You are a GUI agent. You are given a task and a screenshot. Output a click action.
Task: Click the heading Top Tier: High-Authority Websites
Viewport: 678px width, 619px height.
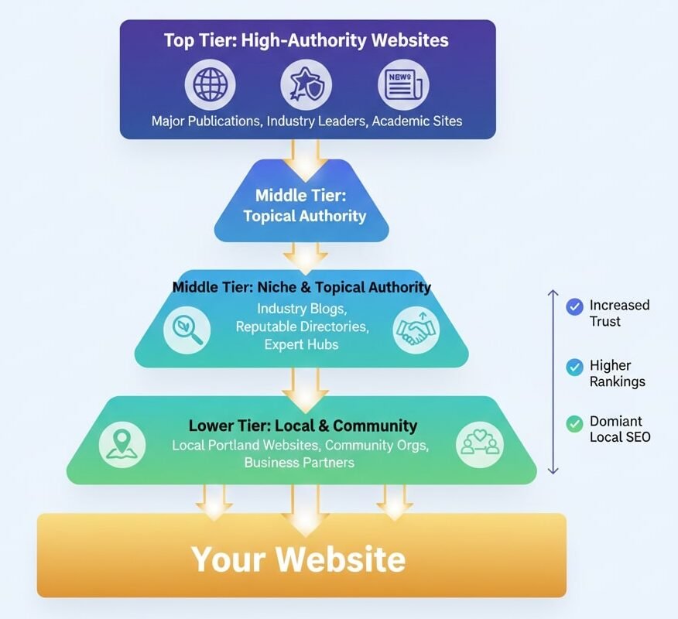(x=306, y=40)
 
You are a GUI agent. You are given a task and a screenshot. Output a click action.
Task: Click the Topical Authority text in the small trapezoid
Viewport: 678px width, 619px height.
(x=304, y=216)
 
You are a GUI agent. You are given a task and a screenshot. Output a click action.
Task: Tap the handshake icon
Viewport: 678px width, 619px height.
(x=416, y=329)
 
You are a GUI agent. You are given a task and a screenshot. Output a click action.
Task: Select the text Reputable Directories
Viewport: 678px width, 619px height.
(x=302, y=327)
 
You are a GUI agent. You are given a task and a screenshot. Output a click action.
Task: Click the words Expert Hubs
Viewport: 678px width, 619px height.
(x=301, y=344)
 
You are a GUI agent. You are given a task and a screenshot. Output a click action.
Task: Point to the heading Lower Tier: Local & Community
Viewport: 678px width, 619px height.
(x=303, y=426)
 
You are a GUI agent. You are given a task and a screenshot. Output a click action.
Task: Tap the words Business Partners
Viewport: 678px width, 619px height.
(x=299, y=463)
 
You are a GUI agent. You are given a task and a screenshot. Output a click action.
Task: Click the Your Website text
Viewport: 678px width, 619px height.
(x=298, y=559)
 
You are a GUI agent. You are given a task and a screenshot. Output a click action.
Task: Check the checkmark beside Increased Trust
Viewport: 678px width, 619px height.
(x=574, y=306)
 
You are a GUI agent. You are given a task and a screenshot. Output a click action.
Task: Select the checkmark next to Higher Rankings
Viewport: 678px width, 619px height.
(x=574, y=367)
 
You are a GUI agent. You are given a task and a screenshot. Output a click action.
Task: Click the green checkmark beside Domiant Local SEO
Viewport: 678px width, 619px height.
(x=574, y=422)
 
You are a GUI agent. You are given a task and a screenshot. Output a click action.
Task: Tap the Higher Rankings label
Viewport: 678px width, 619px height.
(x=617, y=373)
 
